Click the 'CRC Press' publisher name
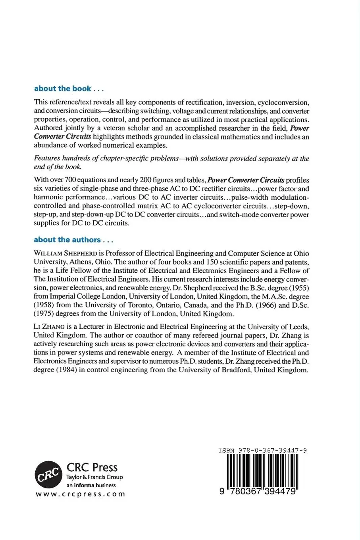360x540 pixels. click(x=92, y=467)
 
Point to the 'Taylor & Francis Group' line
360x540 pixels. click(x=94, y=477)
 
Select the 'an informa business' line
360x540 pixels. click(x=91, y=485)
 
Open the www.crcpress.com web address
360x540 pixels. click(x=81, y=494)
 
